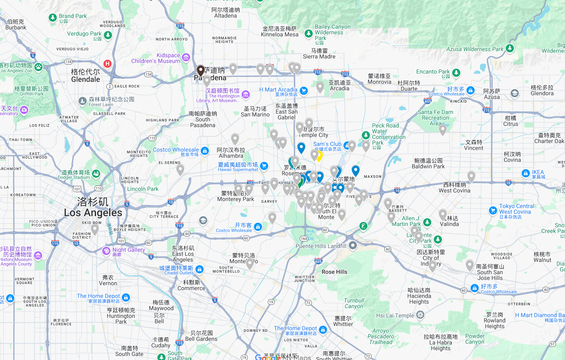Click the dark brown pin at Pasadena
coord(201,71)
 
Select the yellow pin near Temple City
coord(319,156)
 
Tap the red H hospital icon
coord(108,64)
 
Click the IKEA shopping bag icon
coord(526,174)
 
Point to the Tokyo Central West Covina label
coord(516,209)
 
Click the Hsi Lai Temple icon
coord(420,315)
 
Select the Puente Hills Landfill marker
coord(353,245)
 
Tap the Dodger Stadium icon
coord(96,174)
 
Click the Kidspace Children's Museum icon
coord(186,58)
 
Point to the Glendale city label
coord(85,76)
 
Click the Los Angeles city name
coord(93,208)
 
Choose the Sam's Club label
coord(327,144)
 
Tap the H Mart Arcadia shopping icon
coord(303,91)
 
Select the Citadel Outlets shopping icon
coord(200,269)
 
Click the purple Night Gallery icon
coord(106,251)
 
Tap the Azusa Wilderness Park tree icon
coord(509,48)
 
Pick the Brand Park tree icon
coord(52,18)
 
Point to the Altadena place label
coord(225,13)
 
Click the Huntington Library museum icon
coord(246,95)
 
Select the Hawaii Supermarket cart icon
coord(264,166)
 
